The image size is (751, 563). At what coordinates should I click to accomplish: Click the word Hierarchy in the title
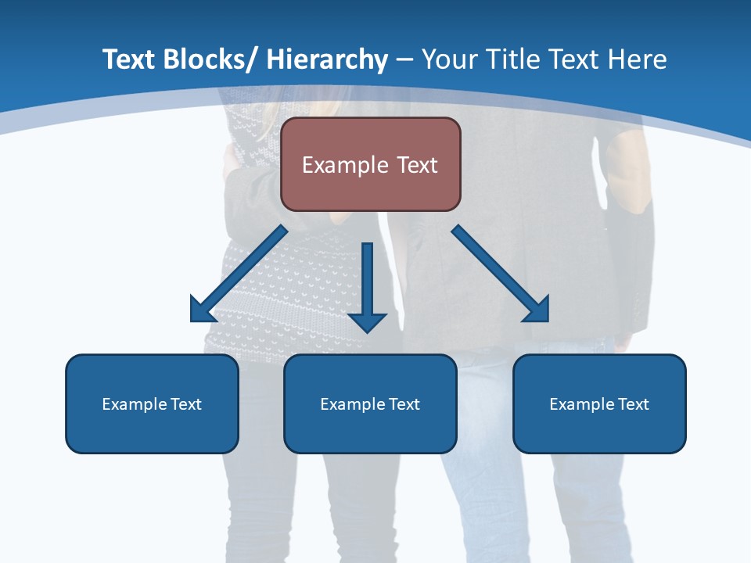click(x=327, y=59)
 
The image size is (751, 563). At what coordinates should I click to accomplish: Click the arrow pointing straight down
click(x=367, y=289)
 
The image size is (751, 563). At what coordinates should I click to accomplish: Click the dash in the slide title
click(x=405, y=60)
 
